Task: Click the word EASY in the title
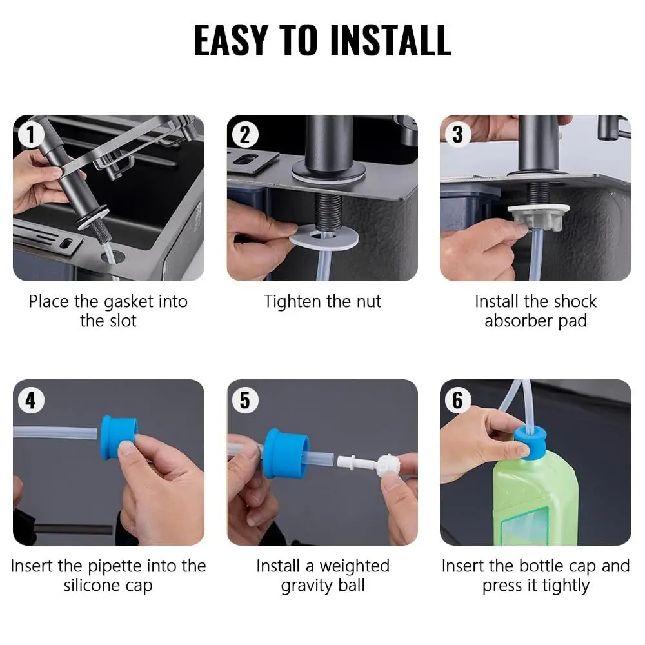[231, 40]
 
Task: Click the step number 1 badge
[30, 135]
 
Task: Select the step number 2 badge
[244, 135]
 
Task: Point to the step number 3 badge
[457, 135]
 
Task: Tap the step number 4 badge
[31, 400]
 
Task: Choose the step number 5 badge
[244, 400]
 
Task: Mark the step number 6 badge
[457, 400]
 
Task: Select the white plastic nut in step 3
[539, 217]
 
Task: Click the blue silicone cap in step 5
[286, 453]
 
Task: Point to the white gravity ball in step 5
[388, 465]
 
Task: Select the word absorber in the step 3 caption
[519, 321]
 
